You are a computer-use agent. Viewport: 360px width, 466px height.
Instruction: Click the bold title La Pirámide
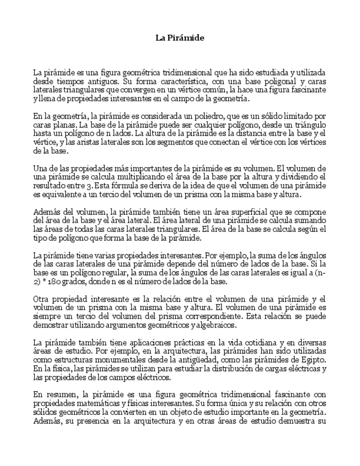[x=180, y=38]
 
